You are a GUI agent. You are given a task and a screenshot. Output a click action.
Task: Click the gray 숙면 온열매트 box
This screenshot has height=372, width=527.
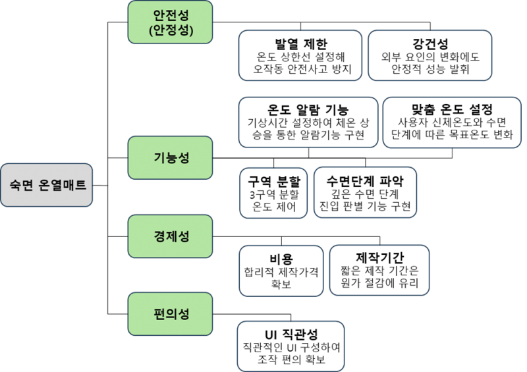[47, 186]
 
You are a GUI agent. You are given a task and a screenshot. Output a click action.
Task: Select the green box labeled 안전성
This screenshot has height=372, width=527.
[170, 22]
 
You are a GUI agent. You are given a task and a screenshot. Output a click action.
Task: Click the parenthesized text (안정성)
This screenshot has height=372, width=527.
[171, 30]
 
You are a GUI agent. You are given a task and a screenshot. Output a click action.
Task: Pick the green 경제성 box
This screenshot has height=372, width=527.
[170, 236]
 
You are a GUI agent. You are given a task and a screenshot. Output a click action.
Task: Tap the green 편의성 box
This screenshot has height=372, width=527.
[170, 313]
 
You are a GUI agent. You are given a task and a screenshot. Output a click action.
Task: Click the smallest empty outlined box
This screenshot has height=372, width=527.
[273, 192]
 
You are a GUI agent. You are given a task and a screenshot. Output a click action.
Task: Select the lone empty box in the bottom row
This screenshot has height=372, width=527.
[291, 346]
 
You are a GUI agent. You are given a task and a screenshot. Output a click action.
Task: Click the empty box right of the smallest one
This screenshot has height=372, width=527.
[365, 192]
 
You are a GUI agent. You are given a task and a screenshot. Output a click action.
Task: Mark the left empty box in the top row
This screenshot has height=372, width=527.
[300, 55]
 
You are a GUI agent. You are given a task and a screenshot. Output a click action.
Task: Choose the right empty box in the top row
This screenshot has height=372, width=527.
[430, 55]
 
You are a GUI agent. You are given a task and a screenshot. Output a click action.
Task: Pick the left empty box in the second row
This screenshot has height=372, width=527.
[308, 122]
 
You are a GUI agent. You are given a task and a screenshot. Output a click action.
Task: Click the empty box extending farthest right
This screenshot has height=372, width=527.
[452, 122]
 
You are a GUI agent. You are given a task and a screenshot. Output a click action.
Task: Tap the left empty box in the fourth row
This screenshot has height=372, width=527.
[281, 271]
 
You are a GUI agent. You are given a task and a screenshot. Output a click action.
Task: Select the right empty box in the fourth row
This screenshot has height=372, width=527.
[379, 271]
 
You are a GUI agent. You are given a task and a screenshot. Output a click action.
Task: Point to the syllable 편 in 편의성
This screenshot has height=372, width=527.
[157, 313]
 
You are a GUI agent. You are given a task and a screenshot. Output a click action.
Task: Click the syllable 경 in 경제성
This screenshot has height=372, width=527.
[157, 236]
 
